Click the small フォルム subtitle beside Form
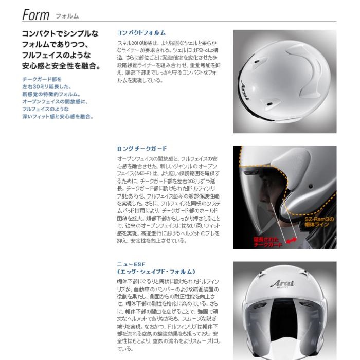(67, 16)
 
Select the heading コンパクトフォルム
(141, 33)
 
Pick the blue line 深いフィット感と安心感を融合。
(58, 117)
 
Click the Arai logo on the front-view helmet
(282, 284)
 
